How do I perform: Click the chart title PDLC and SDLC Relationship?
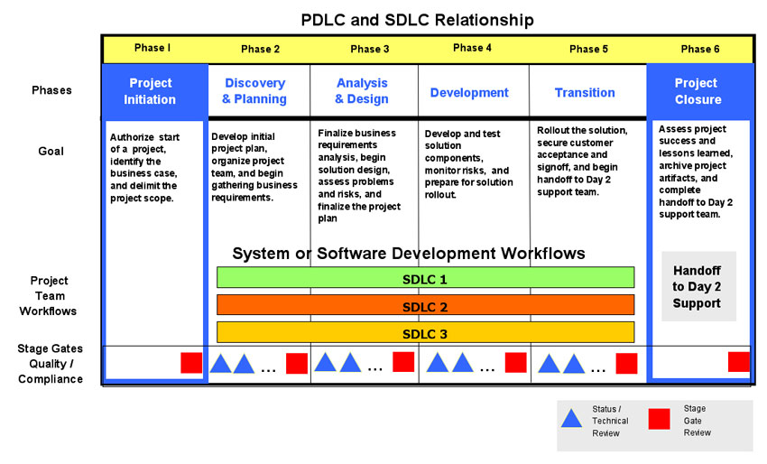(417, 20)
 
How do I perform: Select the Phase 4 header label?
(472, 48)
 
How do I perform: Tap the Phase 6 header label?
(700, 49)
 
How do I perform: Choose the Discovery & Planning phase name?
(254, 91)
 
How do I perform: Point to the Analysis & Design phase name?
(362, 91)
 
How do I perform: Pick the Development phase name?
(469, 92)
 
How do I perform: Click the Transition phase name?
(585, 92)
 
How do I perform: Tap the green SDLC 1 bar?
(426, 277)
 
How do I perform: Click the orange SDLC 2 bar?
(426, 305)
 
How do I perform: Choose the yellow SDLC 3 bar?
(426, 332)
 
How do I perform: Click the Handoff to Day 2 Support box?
(698, 286)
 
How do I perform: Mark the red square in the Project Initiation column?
(191, 363)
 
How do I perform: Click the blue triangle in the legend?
(571, 419)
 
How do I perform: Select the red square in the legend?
(660, 419)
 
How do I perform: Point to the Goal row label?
(51, 152)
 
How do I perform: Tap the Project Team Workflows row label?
(49, 295)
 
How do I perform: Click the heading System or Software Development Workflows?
(409, 254)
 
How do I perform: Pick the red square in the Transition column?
(626, 364)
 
